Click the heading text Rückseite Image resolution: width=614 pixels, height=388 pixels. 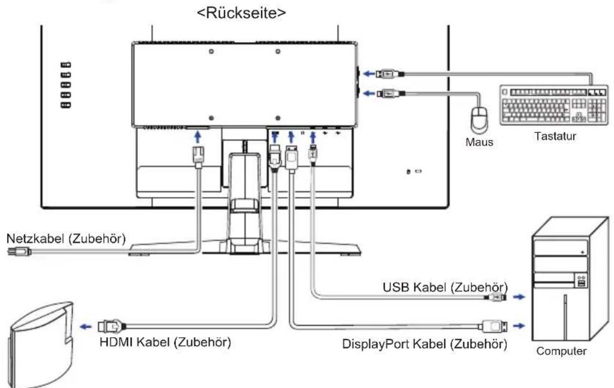click(241, 13)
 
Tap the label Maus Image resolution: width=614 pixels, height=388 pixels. click(479, 142)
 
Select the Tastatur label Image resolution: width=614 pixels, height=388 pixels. click(555, 136)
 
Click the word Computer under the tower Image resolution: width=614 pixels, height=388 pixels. click(561, 351)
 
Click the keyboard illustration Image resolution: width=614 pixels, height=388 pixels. click(554, 106)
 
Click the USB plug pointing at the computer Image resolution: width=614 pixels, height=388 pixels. click(495, 297)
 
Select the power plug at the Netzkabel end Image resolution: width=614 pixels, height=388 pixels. click(19, 251)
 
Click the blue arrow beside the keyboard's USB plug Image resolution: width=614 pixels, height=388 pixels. click(369, 74)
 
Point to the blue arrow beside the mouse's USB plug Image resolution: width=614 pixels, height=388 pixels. click(369, 93)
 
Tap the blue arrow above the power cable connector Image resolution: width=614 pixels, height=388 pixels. click(198, 137)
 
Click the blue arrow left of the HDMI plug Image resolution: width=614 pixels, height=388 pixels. click(86, 327)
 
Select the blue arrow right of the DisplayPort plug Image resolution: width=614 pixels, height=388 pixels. click(519, 326)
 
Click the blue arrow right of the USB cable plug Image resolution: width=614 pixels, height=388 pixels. click(519, 297)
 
